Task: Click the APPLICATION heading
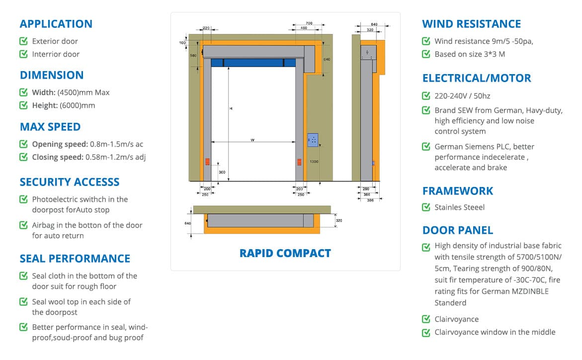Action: (x=56, y=24)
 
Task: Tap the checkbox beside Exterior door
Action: (x=23, y=41)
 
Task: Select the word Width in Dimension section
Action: (x=43, y=92)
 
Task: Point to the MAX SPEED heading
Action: (x=50, y=127)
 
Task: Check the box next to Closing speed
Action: (x=23, y=157)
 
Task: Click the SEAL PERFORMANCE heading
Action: (x=75, y=259)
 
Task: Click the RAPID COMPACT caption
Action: (x=285, y=253)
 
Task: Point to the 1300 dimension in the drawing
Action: (x=314, y=162)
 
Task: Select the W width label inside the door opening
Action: (x=252, y=140)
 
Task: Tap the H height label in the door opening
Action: (x=231, y=108)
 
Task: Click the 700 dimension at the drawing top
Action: (x=309, y=23)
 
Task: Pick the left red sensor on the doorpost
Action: (x=207, y=162)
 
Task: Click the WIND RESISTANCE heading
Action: (x=471, y=24)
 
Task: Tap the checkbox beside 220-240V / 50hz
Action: (x=426, y=96)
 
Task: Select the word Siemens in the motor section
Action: (x=477, y=147)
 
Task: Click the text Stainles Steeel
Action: (x=459, y=207)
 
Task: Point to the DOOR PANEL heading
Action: (x=457, y=230)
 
